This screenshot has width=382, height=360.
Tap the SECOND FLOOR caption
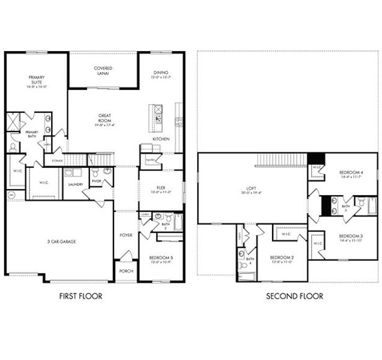tap(294, 296)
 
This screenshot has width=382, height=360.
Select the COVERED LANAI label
tap(103, 71)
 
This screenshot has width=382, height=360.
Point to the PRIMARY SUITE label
tap(37, 81)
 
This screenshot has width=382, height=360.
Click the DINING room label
tap(160, 74)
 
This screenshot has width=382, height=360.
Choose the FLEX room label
tap(161, 188)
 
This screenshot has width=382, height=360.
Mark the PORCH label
tap(126, 271)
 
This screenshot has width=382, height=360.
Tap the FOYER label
tap(126, 235)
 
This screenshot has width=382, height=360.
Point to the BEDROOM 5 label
tap(160, 259)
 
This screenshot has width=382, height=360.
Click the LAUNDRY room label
tap(75, 185)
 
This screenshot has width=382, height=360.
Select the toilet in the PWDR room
tap(107, 172)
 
